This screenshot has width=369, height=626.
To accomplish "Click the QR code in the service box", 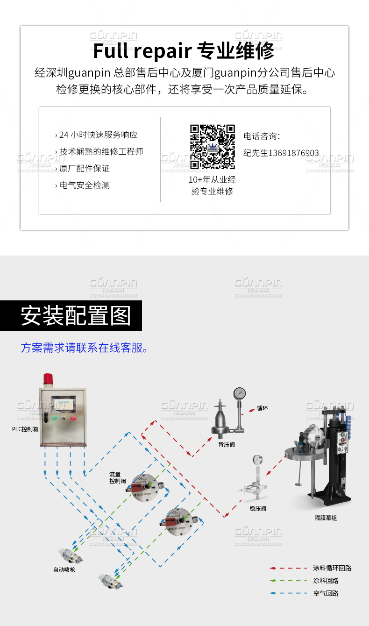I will point(212,147).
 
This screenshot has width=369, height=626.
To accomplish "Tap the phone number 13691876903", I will point(281,153).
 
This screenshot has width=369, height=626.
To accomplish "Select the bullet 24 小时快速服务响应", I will point(97,135).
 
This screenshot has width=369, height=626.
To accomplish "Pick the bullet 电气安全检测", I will point(83,185).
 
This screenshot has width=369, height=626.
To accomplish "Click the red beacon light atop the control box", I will point(48,380).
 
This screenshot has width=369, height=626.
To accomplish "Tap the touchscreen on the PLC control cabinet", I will point(63,402).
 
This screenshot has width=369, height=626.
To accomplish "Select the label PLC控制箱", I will point(26,429).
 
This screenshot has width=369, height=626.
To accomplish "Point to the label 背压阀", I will point(227,445).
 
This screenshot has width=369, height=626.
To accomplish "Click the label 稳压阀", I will point(258,509).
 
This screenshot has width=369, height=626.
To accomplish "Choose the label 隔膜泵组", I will point(326,518).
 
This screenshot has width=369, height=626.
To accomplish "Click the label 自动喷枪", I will point(64,570).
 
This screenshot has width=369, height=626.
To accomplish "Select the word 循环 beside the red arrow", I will point(262,408).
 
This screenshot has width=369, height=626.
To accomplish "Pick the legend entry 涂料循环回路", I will point(332,568).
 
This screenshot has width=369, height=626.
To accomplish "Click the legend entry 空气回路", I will point(326,593).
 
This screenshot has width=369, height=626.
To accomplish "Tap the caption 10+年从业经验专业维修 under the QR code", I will point(212,185).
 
